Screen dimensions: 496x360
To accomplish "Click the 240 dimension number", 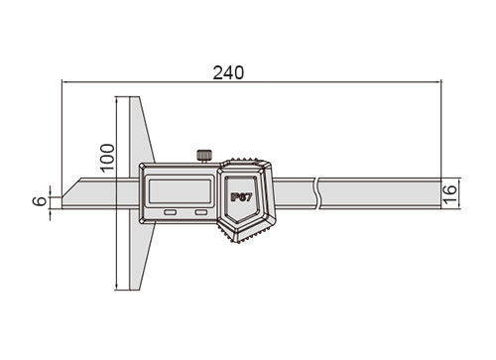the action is click(x=228, y=72).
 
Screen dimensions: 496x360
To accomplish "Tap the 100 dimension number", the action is click(x=107, y=158).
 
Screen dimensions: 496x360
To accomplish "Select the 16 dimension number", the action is click(x=450, y=194).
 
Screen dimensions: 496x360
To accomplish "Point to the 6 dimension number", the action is click(x=41, y=200).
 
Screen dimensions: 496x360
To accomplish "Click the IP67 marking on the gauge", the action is click(x=241, y=197).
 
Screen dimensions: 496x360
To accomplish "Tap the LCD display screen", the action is click(x=180, y=191).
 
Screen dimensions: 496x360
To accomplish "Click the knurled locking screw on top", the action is click(x=204, y=156).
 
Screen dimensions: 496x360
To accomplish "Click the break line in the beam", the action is click(x=317, y=193).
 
